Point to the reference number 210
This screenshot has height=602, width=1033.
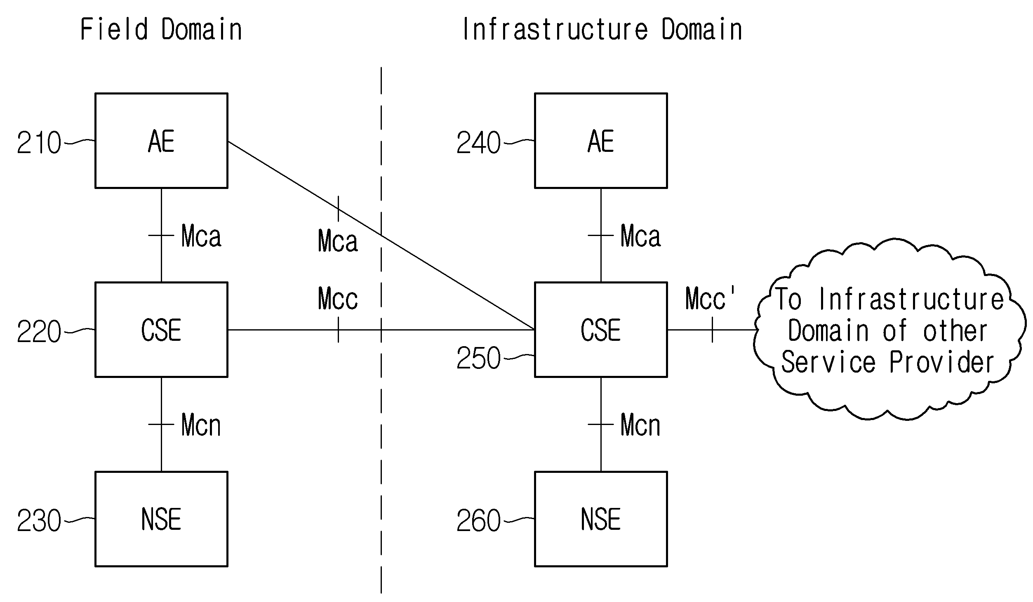pos(39,143)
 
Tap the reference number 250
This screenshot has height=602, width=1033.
pos(478,358)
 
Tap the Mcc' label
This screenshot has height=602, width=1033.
pos(710,298)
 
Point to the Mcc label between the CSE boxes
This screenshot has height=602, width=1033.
pos(338,298)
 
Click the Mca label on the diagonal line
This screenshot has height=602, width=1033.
pos(338,241)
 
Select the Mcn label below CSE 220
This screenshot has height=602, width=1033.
pos(201,425)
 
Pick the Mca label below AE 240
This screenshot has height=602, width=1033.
pos(641,236)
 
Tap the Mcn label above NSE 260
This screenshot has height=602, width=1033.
pos(640,425)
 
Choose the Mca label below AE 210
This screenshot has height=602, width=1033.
pos(201,236)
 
